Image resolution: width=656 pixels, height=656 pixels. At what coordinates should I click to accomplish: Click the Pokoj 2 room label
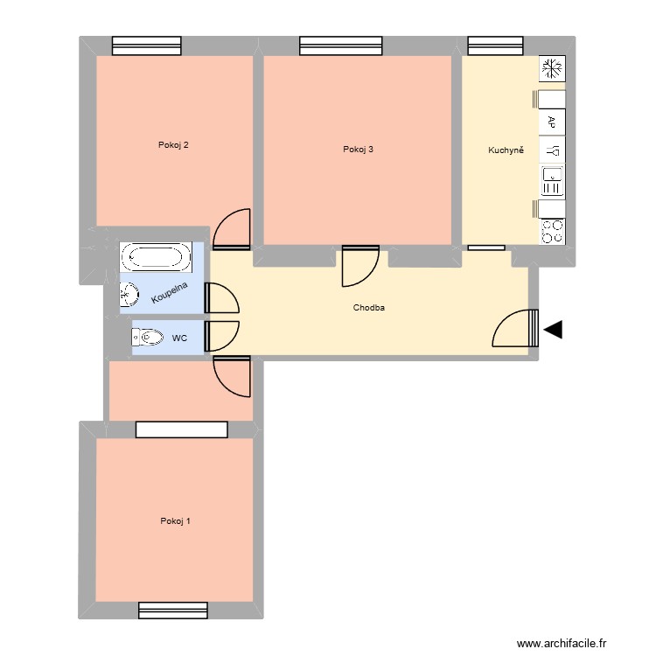pyautogui.click(x=173, y=145)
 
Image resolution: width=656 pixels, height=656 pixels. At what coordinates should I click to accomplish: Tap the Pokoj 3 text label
pyautogui.click(x=359, y=150)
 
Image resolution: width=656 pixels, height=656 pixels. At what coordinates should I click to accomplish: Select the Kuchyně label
pyautogui.click(x=506, y=150)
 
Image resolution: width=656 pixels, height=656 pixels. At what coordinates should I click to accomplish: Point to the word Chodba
pyautogui.click(x=369, y=308)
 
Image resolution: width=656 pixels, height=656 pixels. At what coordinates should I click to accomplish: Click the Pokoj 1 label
pyautogui.click(x=175, y=521)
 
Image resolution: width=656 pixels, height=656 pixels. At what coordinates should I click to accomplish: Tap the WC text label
pyautogui.click(x=179, y=337)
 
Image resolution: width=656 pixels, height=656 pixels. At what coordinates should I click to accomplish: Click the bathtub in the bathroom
pyautogui.click(x=156, y=256)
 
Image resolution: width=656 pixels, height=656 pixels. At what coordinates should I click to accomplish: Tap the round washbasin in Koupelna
pyautogui.click(x=129, y=297)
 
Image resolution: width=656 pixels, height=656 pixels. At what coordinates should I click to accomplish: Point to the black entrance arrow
pyautogui.click(x=553, y=330)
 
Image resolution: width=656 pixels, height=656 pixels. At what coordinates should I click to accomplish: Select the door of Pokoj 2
pyautogui.click(x=233, y=227)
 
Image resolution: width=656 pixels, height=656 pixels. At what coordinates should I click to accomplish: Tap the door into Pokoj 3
pyautogui.click(x=359, y=267)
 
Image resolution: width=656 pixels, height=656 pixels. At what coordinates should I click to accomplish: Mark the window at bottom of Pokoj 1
pyautogui.click(x=172, y=609)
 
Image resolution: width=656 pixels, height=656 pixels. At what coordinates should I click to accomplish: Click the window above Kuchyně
pyautogui.click(x=496, y=45)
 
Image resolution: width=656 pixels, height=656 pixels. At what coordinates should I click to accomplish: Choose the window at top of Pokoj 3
pyautogui.click(x=340, y=45)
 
